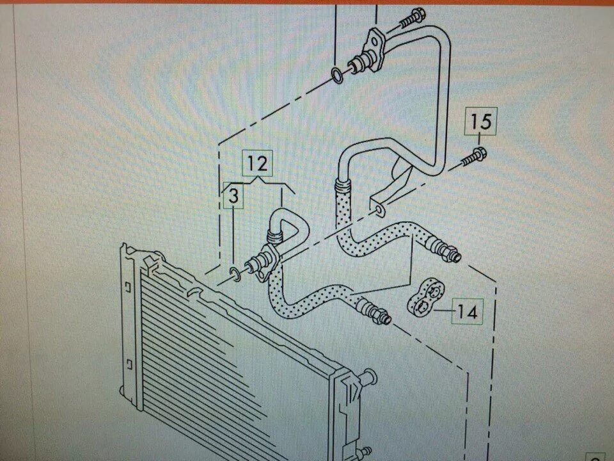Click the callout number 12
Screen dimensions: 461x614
pyautogui.click(x=256, y=163)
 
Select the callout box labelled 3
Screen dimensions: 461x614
pyautogui.click(x=234, y=198)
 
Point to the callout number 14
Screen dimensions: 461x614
pyautogui.click(x=468, y=312)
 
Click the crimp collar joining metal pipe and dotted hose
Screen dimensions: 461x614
pyautogui.click(x=340, y=186)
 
